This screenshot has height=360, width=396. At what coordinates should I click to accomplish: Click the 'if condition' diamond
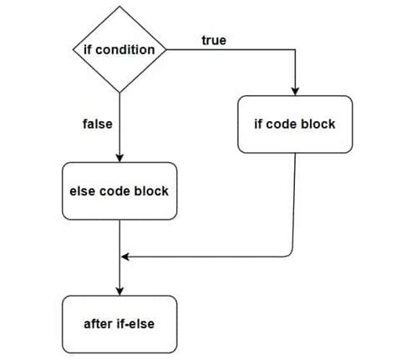tap(121, 50)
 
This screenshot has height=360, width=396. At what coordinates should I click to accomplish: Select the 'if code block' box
tap(294, 124)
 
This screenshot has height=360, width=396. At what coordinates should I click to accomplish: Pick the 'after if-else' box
tap(121, 323)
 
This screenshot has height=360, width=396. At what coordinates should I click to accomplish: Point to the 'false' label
tap(98, 124)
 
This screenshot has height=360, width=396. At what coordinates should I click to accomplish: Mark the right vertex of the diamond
tap(167, 50)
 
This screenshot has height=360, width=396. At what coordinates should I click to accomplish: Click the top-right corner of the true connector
tap(294, 50)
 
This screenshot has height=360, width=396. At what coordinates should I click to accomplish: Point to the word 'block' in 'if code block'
tap(317, 124)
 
